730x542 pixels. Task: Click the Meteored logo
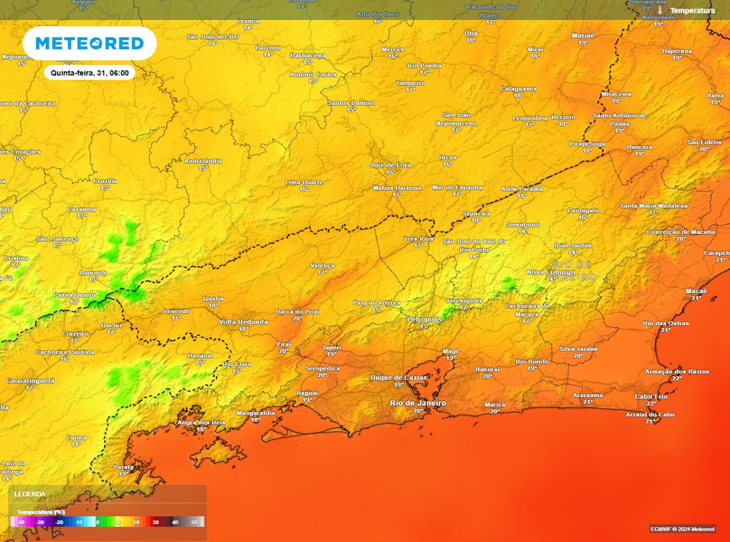[x=89, y=43]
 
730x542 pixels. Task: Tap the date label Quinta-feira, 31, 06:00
[x=89, y=73]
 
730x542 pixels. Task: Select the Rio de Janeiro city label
[x=418, y=403]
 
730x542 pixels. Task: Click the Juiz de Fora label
[x=391, y=165]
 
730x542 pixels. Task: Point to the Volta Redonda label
[x=243, y=322]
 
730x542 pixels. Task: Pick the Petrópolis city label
[x=424, y=319]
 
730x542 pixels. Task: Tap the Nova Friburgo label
[x=550, y=272]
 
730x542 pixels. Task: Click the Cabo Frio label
[x=651, y=397]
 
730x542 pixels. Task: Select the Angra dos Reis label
[x=201, y=422]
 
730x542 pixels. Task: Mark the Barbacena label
[x=308, y=55]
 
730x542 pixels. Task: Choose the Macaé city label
[x=696, y=291]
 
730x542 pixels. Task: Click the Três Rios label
[x=418, y=238]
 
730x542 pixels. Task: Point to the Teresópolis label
[x=465, y=300]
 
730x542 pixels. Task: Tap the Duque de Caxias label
[x=399, y=377]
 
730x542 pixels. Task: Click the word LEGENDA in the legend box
[x=30, y=494]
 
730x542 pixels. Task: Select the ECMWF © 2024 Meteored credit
[x=682, y=528]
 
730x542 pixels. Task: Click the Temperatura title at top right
[x=692, y=11]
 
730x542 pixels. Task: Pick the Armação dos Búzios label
[x=677, y=371]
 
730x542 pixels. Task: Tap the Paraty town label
[x=123, y=466]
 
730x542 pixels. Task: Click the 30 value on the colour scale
[x=155, y=522]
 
